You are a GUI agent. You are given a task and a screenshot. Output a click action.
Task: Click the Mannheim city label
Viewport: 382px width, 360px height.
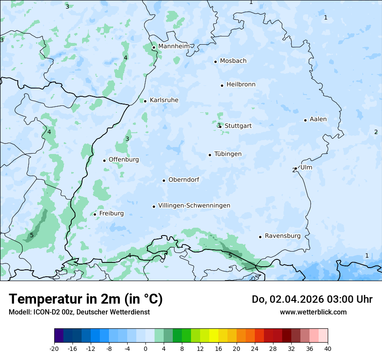coord(174,46)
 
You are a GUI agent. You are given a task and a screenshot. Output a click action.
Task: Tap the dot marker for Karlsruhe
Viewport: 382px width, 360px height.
coord(145,101)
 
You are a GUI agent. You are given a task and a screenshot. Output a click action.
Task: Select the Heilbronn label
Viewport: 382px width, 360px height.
coord(241,84)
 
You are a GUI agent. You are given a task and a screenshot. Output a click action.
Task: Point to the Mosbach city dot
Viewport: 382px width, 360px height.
coord(215,62)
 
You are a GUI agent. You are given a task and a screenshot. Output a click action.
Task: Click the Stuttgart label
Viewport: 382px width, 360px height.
coord(238,126)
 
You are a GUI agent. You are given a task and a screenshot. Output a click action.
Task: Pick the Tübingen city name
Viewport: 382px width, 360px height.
coord(228,154)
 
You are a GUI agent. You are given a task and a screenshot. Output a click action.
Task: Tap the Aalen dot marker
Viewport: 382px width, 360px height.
coord(305,120)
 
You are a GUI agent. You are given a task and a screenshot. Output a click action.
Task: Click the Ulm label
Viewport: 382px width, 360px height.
coord(306,167)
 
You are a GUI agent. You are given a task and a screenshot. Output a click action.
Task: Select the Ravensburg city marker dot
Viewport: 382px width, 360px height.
coord(260,237)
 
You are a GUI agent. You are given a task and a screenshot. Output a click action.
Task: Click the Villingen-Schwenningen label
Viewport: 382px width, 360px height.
coord(194,206)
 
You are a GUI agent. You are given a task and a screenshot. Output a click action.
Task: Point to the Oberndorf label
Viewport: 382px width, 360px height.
coord(184,180)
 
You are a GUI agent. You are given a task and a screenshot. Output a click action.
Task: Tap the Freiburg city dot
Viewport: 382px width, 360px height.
coord(95,214)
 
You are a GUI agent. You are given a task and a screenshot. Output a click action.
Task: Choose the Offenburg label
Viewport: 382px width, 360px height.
coord(124,160)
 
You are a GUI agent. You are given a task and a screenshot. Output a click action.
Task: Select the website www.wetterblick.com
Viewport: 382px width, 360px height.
coord(313,312)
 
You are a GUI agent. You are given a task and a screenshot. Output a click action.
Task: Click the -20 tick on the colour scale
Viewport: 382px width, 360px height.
coord(54,348)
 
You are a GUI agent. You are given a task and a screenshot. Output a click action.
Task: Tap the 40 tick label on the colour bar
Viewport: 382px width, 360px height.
coord(328,348)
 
